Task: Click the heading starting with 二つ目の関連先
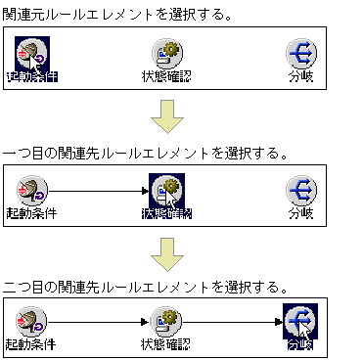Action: (145, 288)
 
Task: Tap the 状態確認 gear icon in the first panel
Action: (166, 53)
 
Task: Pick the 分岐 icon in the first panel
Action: (300, 53)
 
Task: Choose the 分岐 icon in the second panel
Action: (300, 188)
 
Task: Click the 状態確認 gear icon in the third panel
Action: (166, 321)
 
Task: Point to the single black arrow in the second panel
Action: (98, 188)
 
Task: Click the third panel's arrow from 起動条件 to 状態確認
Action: (98, 322)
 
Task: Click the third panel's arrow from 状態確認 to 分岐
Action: (233, 322)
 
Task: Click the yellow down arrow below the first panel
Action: (167, 121)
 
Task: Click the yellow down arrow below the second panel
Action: (167, 255)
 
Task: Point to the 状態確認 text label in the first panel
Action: (166, 75)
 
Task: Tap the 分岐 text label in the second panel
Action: (300, 211)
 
